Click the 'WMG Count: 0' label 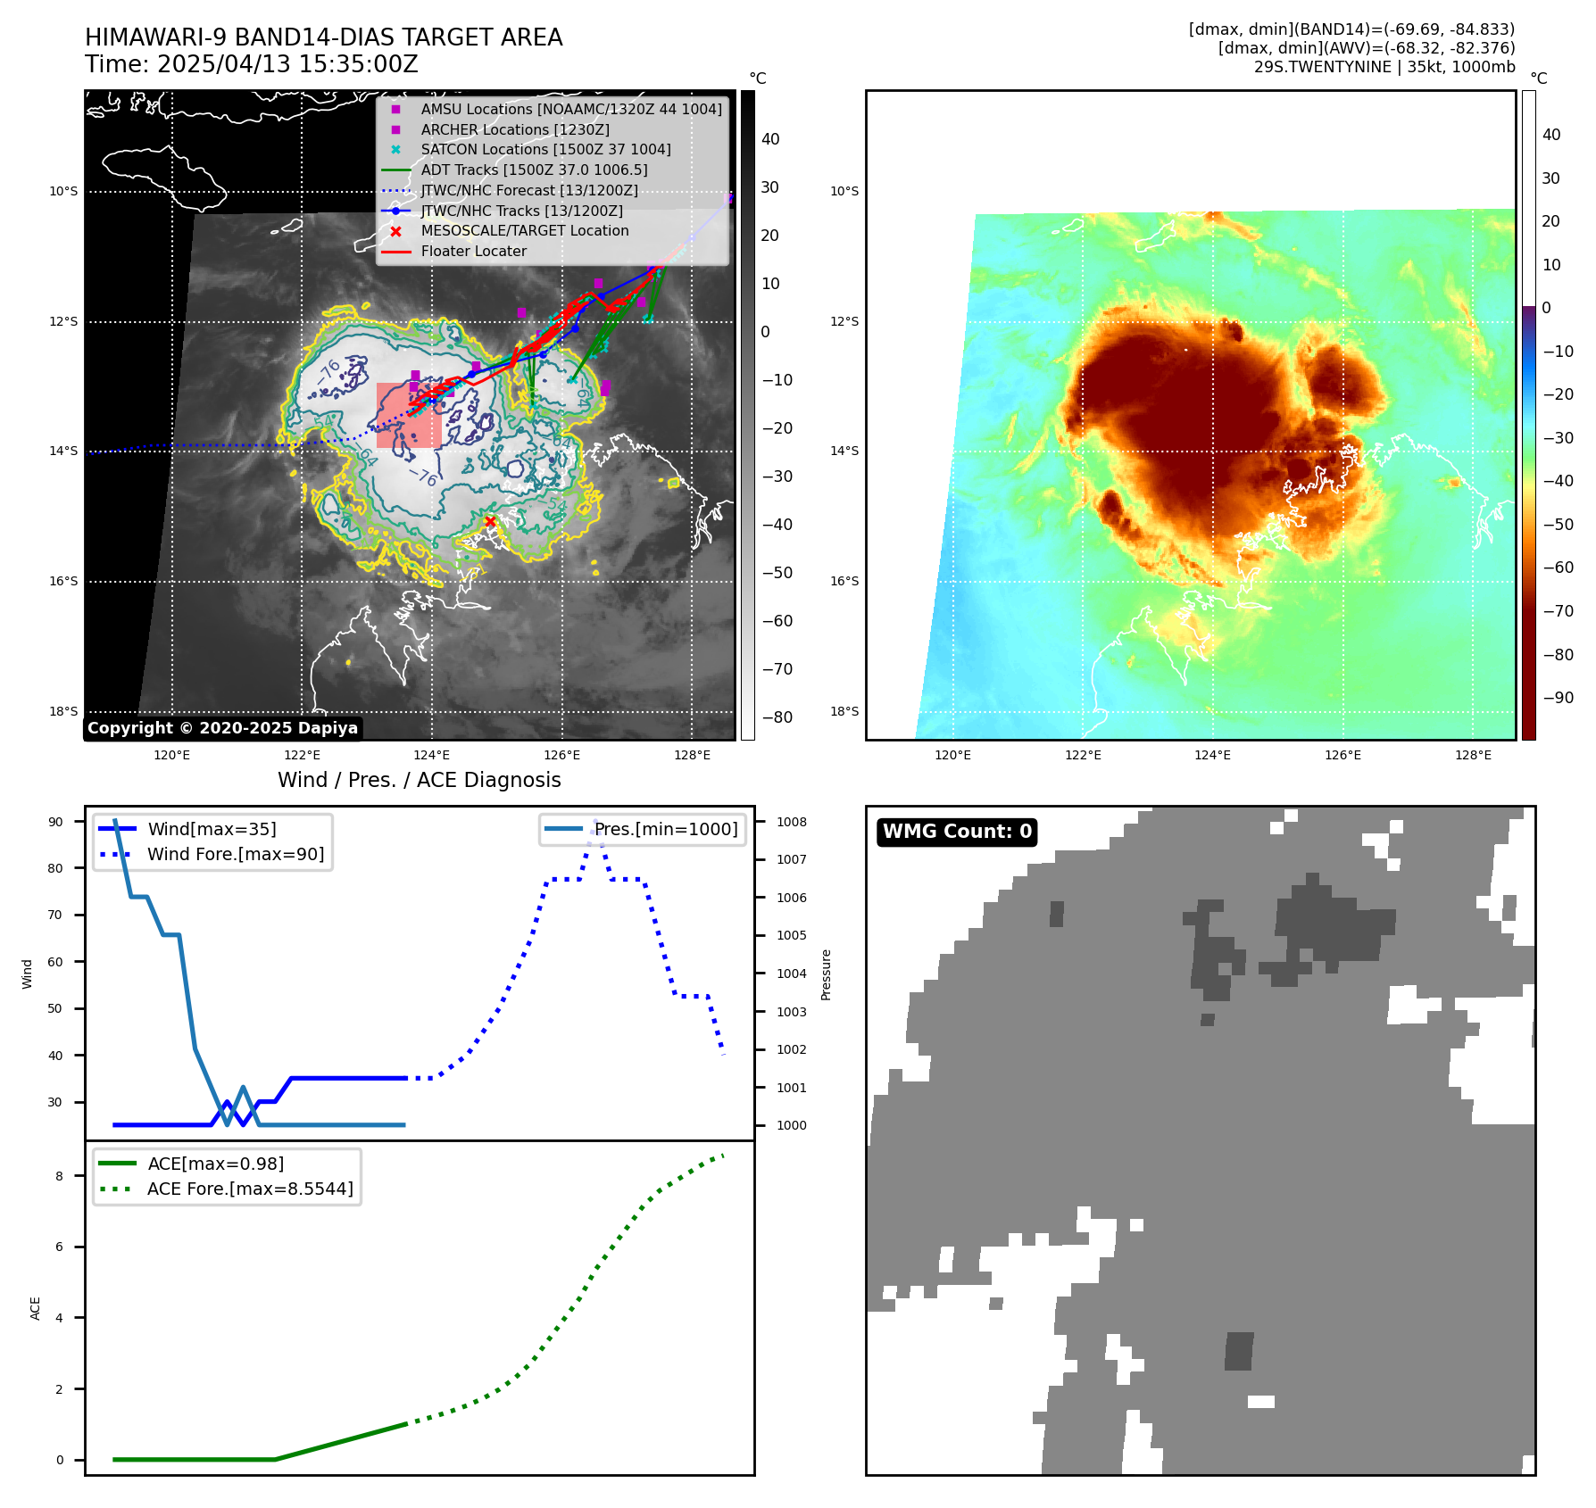pyautogui.click(x=956, y=832)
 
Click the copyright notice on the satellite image pyautogui.click(x=222, y=728)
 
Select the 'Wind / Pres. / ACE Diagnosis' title pyautogui.click(x=419, y=780)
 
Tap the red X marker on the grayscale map pyautogui.click(x=490, y=522)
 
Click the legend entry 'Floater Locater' pyautogui.click(x=473, y=252)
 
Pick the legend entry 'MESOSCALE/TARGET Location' pyautogui.click(x=524, y=231)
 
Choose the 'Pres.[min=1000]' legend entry pyautogui.click(x=665, y=829)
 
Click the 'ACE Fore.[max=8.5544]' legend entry pyautogui.click(x=249, y=1189)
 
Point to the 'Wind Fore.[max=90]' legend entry pyautogui.click(x=235, y=854)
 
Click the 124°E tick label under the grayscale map pyautogui.click(x=432, y=756)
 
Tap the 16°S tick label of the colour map pyautogui.click(x=844, y=581)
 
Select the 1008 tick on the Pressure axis pyautogui.click(x=791, y=822)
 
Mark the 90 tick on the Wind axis pyautogui.click(x=55, y=822)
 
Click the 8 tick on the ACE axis pyautogui.click(x=59, y=1176)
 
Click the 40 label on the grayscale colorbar pyautogui.click(x=770, y=139)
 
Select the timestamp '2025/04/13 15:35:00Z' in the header pyautogui.click(x=287, y=64)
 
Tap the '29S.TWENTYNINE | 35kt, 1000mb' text pyautogui.click(x=1384, y=67)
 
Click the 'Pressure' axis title pyautogui.click(x=826, y=974)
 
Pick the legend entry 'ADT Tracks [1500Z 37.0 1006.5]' pyautogui.click(x=534, y=170)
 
